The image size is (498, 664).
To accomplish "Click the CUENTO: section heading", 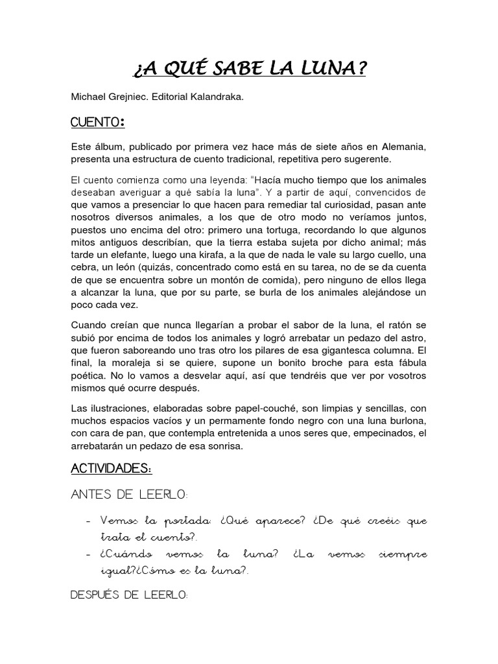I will coord(97,123).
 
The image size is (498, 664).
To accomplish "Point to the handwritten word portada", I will coord(174,522).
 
